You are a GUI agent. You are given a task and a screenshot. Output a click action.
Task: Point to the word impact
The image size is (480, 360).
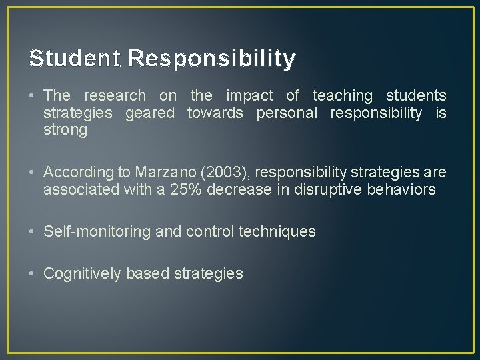point(249,96)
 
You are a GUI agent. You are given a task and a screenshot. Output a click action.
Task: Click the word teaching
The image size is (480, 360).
point(343,96)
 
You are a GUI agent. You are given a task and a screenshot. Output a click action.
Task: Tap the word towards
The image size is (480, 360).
point(215,113)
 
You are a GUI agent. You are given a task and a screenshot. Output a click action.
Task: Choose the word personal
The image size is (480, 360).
point(287,113)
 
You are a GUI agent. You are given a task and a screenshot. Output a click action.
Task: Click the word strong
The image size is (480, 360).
point(65,130)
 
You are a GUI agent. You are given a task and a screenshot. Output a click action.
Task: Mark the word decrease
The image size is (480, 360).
point(241,189)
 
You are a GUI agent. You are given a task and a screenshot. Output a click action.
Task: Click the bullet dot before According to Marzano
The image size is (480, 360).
point(33,173)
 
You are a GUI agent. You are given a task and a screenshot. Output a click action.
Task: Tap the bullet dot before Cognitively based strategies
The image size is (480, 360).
point(33,273)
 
